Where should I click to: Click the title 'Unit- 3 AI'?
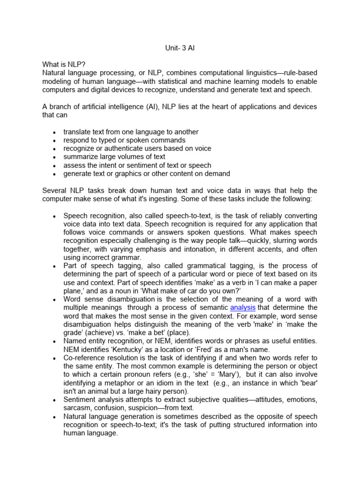coord(180,48)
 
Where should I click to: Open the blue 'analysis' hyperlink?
coord(243,307)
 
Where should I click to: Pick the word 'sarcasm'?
coord(77,408)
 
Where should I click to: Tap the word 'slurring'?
coord(282,241)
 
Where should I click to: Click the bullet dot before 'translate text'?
coord(55,132)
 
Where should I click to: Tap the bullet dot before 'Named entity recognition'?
coord(55,342)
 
